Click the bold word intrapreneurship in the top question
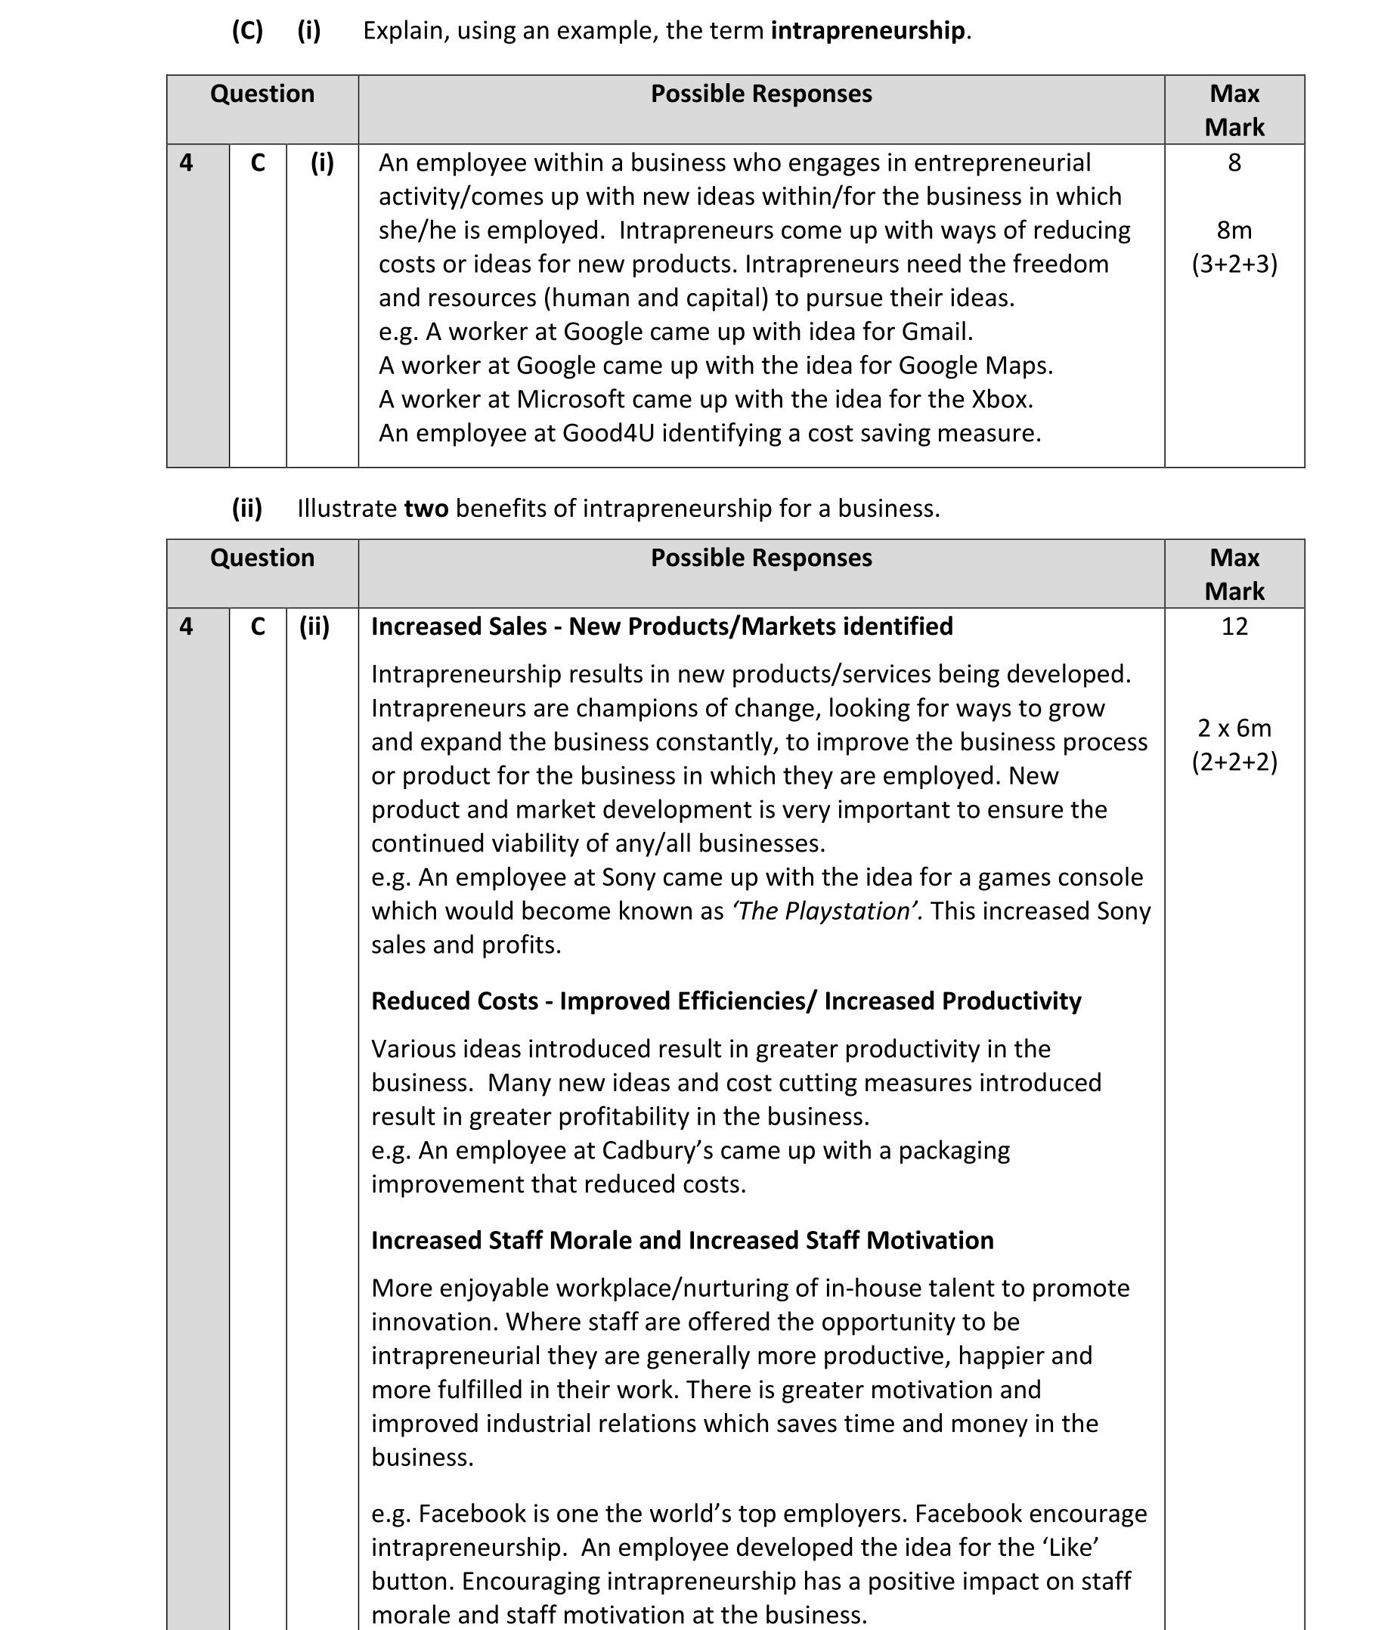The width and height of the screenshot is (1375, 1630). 868,31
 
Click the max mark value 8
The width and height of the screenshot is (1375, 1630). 1234,162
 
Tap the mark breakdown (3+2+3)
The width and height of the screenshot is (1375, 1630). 1234,264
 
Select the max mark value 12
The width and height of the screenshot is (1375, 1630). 1234,626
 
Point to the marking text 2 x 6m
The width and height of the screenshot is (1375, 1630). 1234,728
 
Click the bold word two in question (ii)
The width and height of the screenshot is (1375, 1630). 426,509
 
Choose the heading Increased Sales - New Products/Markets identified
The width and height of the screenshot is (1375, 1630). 661,626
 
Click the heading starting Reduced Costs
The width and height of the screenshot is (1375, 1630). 726,1001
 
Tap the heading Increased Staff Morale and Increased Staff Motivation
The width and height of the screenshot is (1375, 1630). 682,1240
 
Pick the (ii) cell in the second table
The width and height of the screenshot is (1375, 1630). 314,626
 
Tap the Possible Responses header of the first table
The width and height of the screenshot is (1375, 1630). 760,94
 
